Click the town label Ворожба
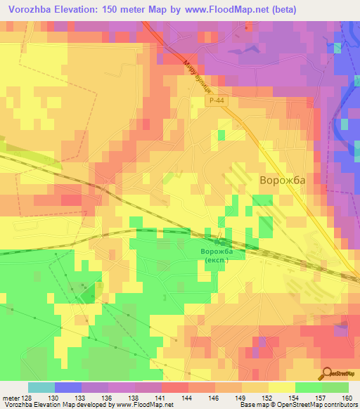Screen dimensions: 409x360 click(x=283, y=181)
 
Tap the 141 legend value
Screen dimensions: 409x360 click(x=161, y=397)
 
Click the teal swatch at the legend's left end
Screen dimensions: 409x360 click(x=41, y=387)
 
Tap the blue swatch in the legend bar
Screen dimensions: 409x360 click(x=67, y=387)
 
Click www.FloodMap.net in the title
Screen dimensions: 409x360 click(x=224, y=9)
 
